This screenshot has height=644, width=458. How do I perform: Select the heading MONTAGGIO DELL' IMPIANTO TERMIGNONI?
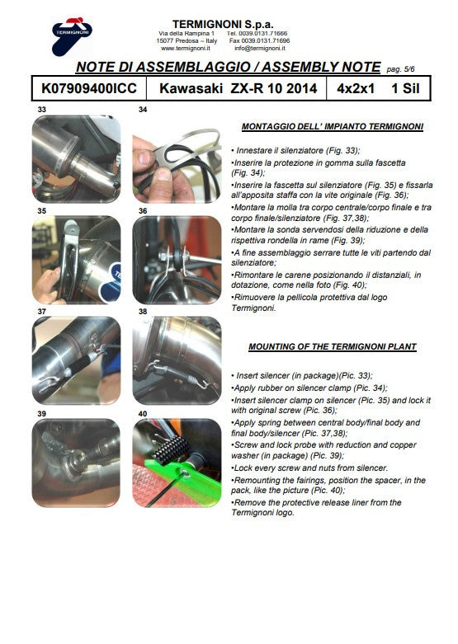333,128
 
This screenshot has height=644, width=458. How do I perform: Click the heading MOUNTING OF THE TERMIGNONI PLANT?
333,346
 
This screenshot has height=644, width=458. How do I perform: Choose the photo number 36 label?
143,211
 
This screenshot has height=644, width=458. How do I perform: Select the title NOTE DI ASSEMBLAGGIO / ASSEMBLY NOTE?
228,68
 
